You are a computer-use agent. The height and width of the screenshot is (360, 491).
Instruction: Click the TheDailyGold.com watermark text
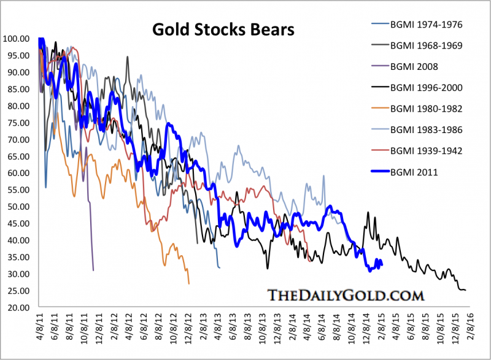346,295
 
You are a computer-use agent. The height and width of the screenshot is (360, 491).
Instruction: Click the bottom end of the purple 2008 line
93,270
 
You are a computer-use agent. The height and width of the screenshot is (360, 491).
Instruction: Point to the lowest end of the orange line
189,283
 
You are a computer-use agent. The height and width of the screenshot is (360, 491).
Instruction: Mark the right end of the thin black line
466,290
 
